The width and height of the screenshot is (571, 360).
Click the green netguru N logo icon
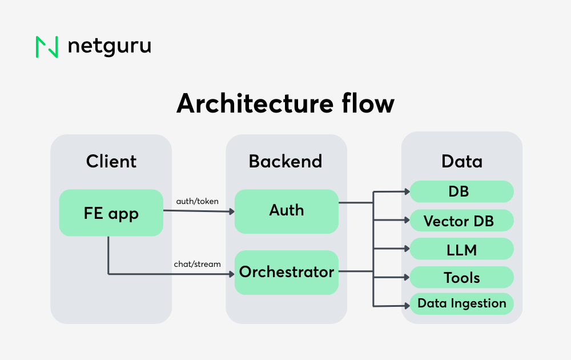click(47, 47)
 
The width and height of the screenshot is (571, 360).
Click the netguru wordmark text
click(109, 46)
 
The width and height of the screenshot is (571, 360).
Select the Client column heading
click(111, 161)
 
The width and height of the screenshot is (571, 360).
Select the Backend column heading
click(285, 161)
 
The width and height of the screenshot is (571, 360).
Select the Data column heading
click(462, 161)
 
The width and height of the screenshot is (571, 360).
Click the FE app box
click(111, 213)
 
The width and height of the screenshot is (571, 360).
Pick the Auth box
click(287, 211)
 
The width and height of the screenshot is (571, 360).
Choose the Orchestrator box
click(287, 272)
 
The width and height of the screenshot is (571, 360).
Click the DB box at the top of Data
click(462, 191)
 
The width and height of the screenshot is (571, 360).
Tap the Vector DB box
click(462, 221)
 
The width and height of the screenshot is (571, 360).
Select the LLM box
click(462, 249)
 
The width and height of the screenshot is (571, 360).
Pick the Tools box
click(462, 278)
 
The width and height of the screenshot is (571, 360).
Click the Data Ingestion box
click(462, 303)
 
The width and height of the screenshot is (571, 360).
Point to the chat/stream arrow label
click(197, 264)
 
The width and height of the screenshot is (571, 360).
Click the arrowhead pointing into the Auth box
click(231, 211)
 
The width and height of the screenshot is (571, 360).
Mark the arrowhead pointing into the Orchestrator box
click(231, 274)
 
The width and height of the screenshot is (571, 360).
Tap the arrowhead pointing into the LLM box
click(407, 249)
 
